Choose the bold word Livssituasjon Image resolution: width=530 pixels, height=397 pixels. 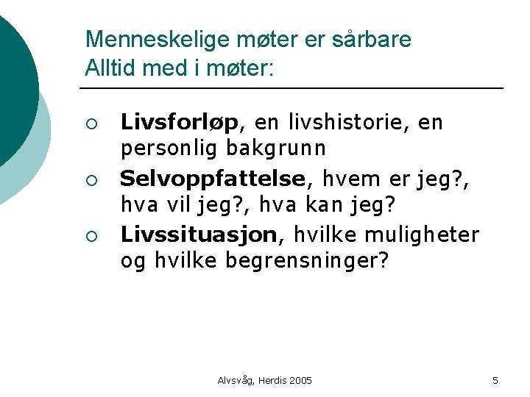point(199,235)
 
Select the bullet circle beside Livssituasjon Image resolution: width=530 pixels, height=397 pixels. point(91,235)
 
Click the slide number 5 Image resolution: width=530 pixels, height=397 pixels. point(495,380)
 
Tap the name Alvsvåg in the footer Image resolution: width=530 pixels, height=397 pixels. point(236,380)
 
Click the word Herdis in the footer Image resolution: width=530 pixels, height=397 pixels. point(269,380)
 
